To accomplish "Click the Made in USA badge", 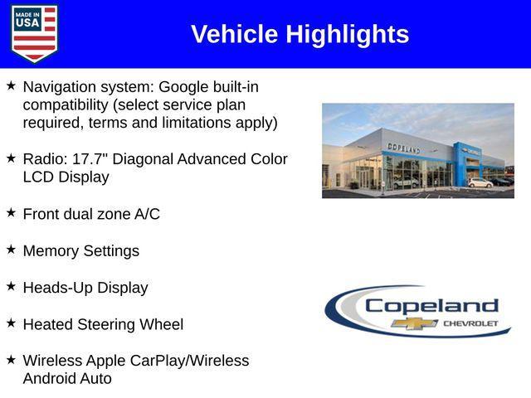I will coord(34,33).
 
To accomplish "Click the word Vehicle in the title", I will coord(235,34).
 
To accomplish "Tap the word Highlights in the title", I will coord(348,34).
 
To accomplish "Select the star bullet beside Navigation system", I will coord(11,85).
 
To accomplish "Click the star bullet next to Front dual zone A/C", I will coord(11,213).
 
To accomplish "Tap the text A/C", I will coord(147,214).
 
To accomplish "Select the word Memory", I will coord(51,250).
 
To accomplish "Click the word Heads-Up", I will coord(57,288).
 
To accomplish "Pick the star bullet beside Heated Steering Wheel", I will coord(11,323).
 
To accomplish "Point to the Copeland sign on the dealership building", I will coord(403,148).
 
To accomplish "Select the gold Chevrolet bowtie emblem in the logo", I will coord(415,323).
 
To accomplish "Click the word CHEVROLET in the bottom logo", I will coord(470,323).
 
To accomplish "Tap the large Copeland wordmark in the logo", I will coord(431,305).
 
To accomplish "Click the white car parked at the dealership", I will coord(480,182).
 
